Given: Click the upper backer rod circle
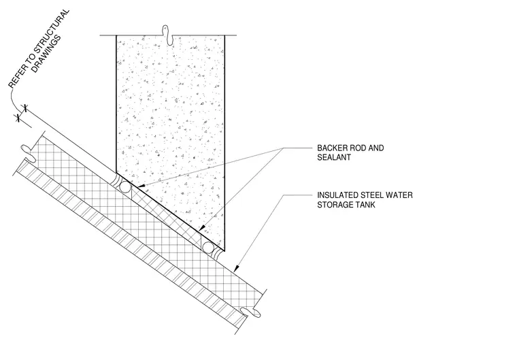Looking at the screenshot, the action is coord(125,187).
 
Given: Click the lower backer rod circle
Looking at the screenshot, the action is coord(207,248).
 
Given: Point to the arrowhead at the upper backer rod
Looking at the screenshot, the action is coord(139,187).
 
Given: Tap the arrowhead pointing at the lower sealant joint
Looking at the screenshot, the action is coord(202,229).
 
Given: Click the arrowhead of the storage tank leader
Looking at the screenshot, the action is coord(236,268).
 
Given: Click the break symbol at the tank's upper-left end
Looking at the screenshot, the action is coord(29,153).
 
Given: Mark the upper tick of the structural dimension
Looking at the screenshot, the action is coord(25,108).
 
